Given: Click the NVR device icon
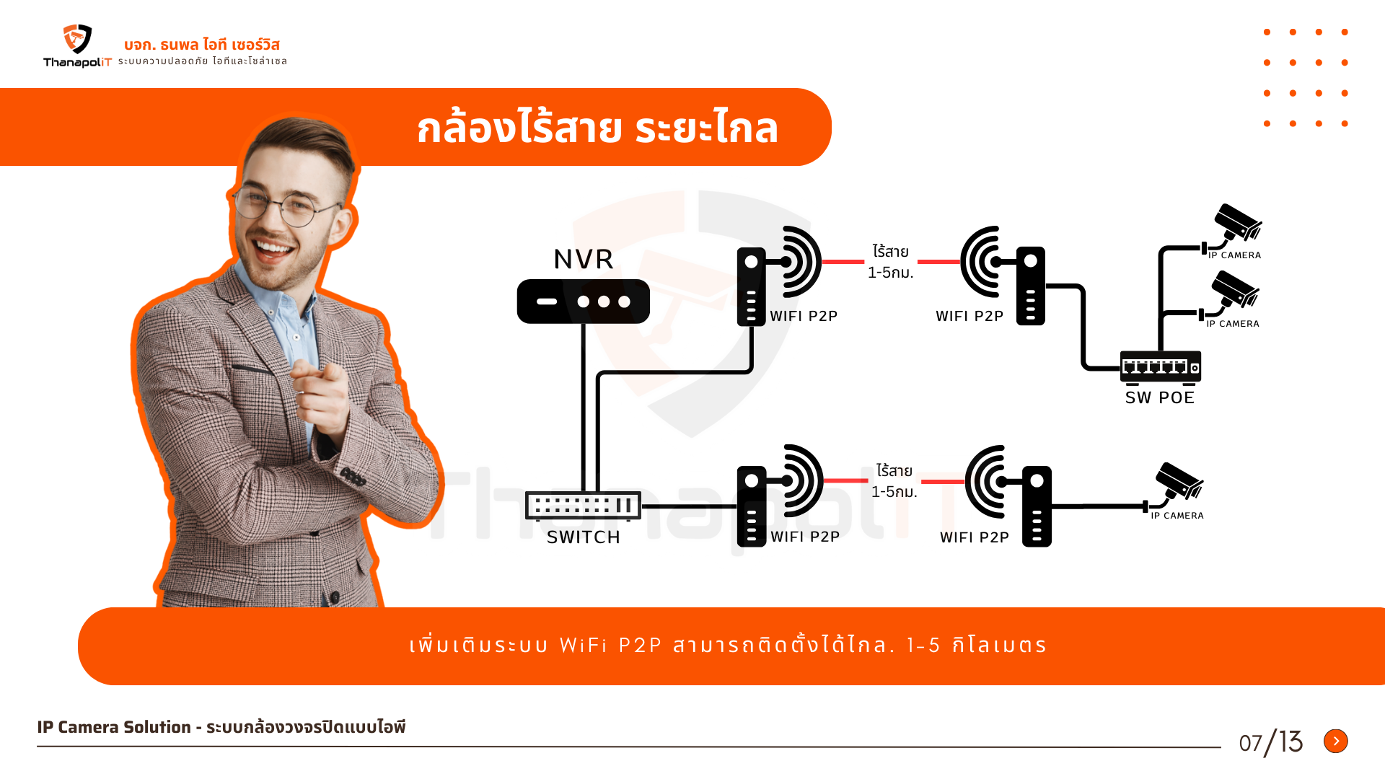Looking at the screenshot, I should click(583, 302).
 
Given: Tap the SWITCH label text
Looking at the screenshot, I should click(583, 537).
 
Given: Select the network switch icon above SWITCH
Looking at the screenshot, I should click(583, 506).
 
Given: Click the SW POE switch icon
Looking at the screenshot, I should click(1160, 366).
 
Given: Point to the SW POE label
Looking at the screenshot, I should click(1160, 397).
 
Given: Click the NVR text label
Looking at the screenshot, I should click(584, 259).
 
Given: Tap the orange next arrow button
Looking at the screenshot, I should click(1335, 741).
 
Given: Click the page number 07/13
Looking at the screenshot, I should click(1270, 742).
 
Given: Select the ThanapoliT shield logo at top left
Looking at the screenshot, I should click(77, 39).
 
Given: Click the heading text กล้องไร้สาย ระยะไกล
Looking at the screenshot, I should click(597, 128).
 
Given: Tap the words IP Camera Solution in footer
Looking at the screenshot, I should click(114, 727).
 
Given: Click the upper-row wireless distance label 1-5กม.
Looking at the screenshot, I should click(890, 273).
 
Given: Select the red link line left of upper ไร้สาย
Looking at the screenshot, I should click(843, 262).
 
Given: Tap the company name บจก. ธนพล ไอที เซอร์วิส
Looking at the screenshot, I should click(202, 45).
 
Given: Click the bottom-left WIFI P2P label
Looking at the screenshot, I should click(805, 537).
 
